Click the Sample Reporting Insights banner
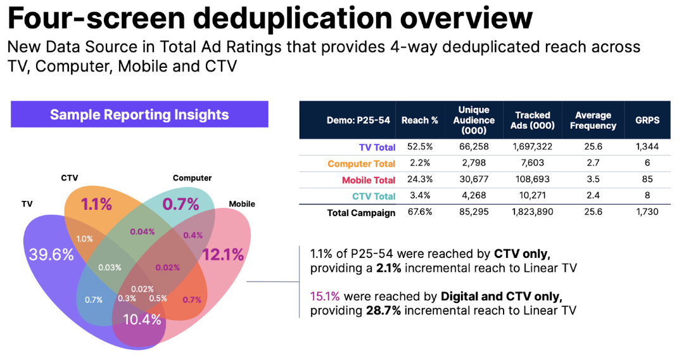pos(139,115)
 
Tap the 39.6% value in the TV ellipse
pos(51,255)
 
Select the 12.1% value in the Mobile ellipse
pos(223,255)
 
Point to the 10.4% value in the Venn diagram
pos(142,319)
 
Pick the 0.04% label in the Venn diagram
pos(143,232)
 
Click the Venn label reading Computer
pos(192,178)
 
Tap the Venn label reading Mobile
pos(242,204)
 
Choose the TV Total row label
pos(377,147)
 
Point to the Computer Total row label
pos(362,164)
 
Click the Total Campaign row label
pos(361,213)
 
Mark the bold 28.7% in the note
pos(382,310)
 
